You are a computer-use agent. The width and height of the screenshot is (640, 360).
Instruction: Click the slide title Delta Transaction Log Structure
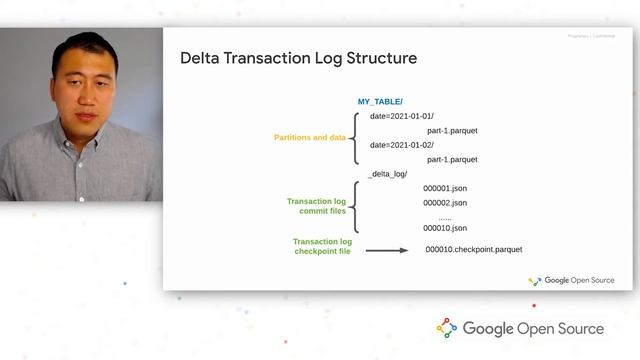coord(298,58)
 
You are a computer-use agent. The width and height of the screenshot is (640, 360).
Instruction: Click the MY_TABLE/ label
coord(380,102)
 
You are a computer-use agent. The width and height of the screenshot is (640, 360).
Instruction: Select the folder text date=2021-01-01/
coord(402,116)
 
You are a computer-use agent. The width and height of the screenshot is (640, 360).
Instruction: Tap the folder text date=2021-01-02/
coord(402,145)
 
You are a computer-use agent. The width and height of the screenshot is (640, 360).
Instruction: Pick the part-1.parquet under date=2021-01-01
coord(452,130)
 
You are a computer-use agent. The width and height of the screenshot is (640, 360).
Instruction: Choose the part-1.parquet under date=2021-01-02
coord(452,159)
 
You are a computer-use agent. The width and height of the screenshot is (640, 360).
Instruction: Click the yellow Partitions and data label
coord(309,137)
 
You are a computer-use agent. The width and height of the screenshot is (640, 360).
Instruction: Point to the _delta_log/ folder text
coord(388,174)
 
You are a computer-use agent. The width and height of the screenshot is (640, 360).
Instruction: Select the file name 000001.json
coord(445,188)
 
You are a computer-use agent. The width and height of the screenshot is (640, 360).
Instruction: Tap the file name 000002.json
coord(445,202)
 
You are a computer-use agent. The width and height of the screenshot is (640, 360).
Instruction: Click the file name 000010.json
coord(445,228)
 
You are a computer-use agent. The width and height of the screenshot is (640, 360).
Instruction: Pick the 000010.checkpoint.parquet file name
coord(473,249)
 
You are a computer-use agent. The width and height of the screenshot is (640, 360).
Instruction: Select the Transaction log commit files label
coord(316,206)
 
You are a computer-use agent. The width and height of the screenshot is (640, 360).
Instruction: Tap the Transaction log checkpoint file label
coord(322,246)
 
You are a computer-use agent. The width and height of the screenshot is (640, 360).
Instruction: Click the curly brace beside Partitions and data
coord(357,137)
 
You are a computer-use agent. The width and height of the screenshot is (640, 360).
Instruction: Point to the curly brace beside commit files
coord(357,207)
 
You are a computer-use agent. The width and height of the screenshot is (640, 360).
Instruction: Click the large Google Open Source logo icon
coord(447,328)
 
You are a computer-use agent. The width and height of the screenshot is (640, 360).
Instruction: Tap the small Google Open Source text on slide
coord(579,280)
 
